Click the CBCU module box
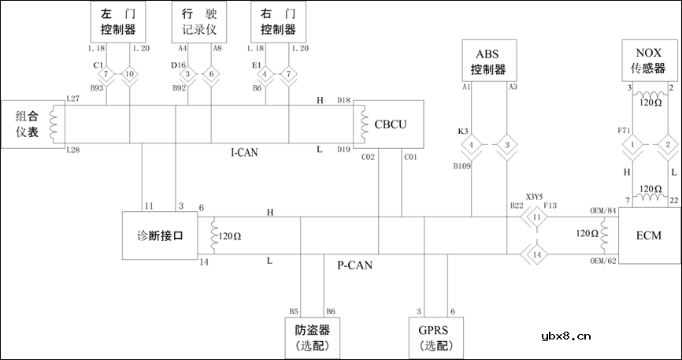[x=389, y=123]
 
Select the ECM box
[x=648, y=235]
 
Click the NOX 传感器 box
[x=649, y=60]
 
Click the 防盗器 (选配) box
[x=313, y=336]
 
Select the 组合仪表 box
[x=32, y=123]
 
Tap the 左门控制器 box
[x=119, y=22]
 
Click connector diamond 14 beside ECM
[x=536, y=254]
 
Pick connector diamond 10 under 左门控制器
[x=132, y=75]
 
